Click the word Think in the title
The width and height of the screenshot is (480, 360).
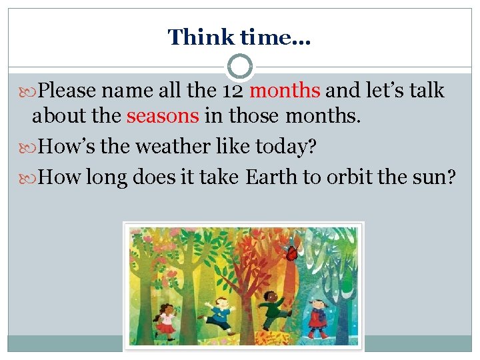(x=192, y=37)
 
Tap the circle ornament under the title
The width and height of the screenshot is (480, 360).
(x=240, y=67)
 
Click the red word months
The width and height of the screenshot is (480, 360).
(x=285, y=90)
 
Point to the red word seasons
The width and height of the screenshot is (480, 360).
(x=163, y=116)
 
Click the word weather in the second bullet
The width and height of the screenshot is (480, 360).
(x=175, y=147)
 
